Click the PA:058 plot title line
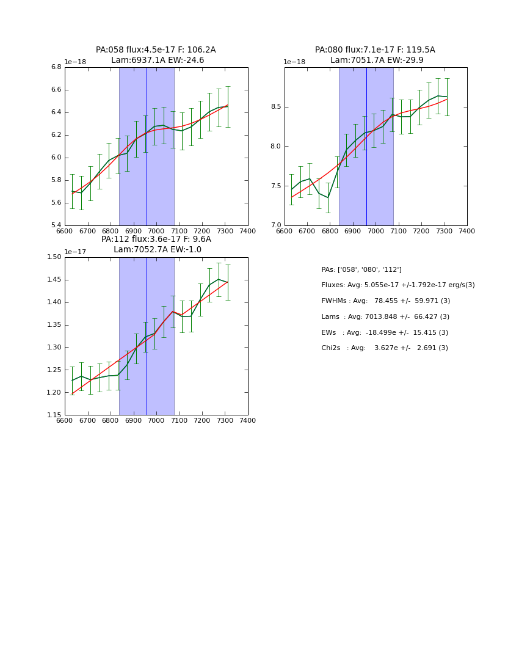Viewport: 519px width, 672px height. [156, 50]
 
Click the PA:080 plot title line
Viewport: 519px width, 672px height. [375, 50]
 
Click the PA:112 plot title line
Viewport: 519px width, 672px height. [156, 239]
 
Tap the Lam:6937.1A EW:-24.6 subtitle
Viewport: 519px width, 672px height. [158, 60]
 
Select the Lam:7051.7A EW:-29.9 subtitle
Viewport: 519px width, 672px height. [377, 60]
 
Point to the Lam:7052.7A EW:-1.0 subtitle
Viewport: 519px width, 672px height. [158, 250]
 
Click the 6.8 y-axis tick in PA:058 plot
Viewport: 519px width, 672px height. [56, 67]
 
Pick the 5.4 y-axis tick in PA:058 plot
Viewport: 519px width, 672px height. [56, 225]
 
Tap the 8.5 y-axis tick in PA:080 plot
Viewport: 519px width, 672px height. [275, 107]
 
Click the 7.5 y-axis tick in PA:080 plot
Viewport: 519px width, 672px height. [275, 186]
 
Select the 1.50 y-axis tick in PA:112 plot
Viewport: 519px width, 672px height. [54, 257]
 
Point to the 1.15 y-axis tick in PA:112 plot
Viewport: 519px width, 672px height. [54, 415]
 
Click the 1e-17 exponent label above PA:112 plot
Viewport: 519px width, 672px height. [75, 252]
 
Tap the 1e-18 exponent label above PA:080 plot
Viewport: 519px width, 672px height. [294, 62]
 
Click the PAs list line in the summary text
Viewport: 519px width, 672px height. [361, 269]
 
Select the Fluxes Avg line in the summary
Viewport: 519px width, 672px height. [398, 285]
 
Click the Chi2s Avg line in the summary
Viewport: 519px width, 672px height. [385, 348]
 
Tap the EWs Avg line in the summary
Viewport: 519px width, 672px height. [385, 332]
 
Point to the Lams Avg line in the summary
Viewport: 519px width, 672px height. [385, 316]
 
